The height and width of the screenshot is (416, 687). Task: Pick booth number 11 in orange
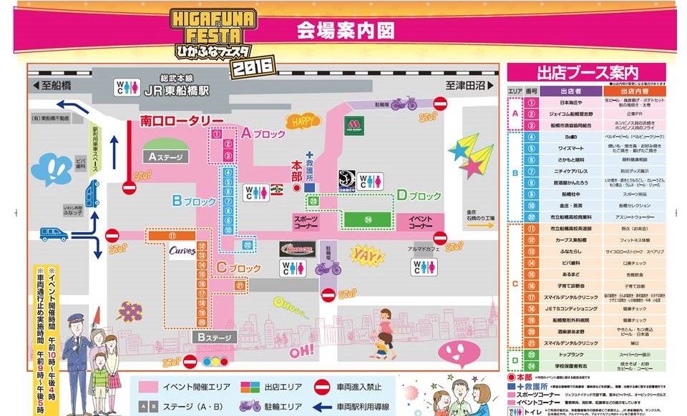[x=172, y=235]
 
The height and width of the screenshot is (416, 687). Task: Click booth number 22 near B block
[x=248, y=244]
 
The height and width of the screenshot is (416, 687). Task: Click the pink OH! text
[x=302, y=351]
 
